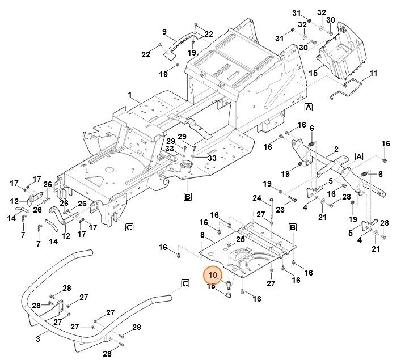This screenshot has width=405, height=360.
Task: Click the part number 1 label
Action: pos(129,94)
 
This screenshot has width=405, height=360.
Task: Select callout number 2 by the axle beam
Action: pos(336,149)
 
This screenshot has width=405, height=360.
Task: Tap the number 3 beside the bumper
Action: pos(38,338)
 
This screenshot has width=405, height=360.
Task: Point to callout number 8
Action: pos(202,235)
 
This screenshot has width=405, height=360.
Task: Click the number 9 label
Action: pos(164,31)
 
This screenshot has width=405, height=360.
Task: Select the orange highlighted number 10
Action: pos(213,276)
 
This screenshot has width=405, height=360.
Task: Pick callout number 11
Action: pos(373,73)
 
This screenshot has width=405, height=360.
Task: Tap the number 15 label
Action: pos(313,73)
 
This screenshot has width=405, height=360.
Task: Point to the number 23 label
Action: pos(280,210)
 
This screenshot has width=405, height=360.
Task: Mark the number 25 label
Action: pos(241,239)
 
